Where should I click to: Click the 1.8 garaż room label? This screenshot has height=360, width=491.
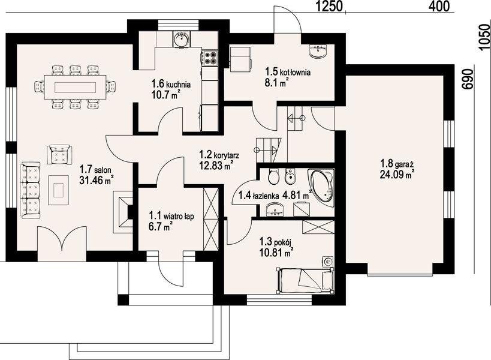(x=397, y=164)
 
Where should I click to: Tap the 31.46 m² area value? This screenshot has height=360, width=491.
(x=96, y=180)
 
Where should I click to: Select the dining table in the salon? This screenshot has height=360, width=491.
(x=75, y=87)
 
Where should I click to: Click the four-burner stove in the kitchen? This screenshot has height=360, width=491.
(x=210, y=58)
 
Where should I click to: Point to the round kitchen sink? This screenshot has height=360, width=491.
(x=180, y=39)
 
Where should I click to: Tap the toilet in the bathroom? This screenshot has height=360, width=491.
(x=274, y=177)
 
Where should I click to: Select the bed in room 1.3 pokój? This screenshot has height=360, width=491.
(x=305, y=280)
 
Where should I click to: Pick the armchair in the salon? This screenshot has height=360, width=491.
(x=59, y=154)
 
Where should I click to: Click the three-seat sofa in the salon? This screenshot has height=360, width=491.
(x=31, y=190)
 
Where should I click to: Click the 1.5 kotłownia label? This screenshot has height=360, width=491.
(x=288, y=72)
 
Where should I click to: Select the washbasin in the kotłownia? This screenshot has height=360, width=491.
(x=318, y=51)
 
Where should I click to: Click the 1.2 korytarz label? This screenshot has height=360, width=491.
(x=219, y=154)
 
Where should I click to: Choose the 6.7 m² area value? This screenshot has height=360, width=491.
(x=161, y=226)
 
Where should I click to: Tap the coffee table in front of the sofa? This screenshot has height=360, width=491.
(x=59, y=190)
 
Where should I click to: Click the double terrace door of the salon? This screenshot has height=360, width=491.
(x=62, y=239)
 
